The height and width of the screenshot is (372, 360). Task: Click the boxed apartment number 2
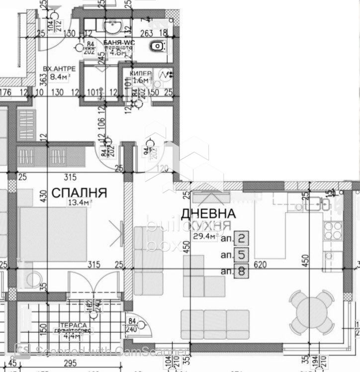pos(241,239)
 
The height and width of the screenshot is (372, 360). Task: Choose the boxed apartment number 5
pos(241,256)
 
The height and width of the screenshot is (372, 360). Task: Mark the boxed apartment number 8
pos(241,272)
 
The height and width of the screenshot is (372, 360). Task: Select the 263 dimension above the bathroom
pos(146,33)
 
